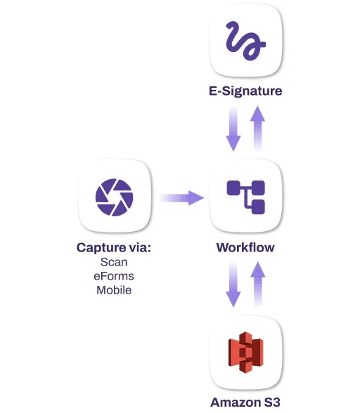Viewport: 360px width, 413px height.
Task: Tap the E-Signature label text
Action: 245,91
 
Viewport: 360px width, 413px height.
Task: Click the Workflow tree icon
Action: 245,197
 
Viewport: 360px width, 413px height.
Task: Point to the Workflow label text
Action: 245,247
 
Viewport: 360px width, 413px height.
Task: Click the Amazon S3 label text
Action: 245,402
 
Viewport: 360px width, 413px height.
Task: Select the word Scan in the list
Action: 114,262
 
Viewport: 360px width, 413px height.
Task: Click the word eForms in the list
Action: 114,276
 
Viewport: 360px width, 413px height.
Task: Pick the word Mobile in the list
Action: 114,290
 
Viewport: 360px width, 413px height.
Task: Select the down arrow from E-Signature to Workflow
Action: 233,129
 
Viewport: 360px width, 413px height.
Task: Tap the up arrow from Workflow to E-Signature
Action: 258,127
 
